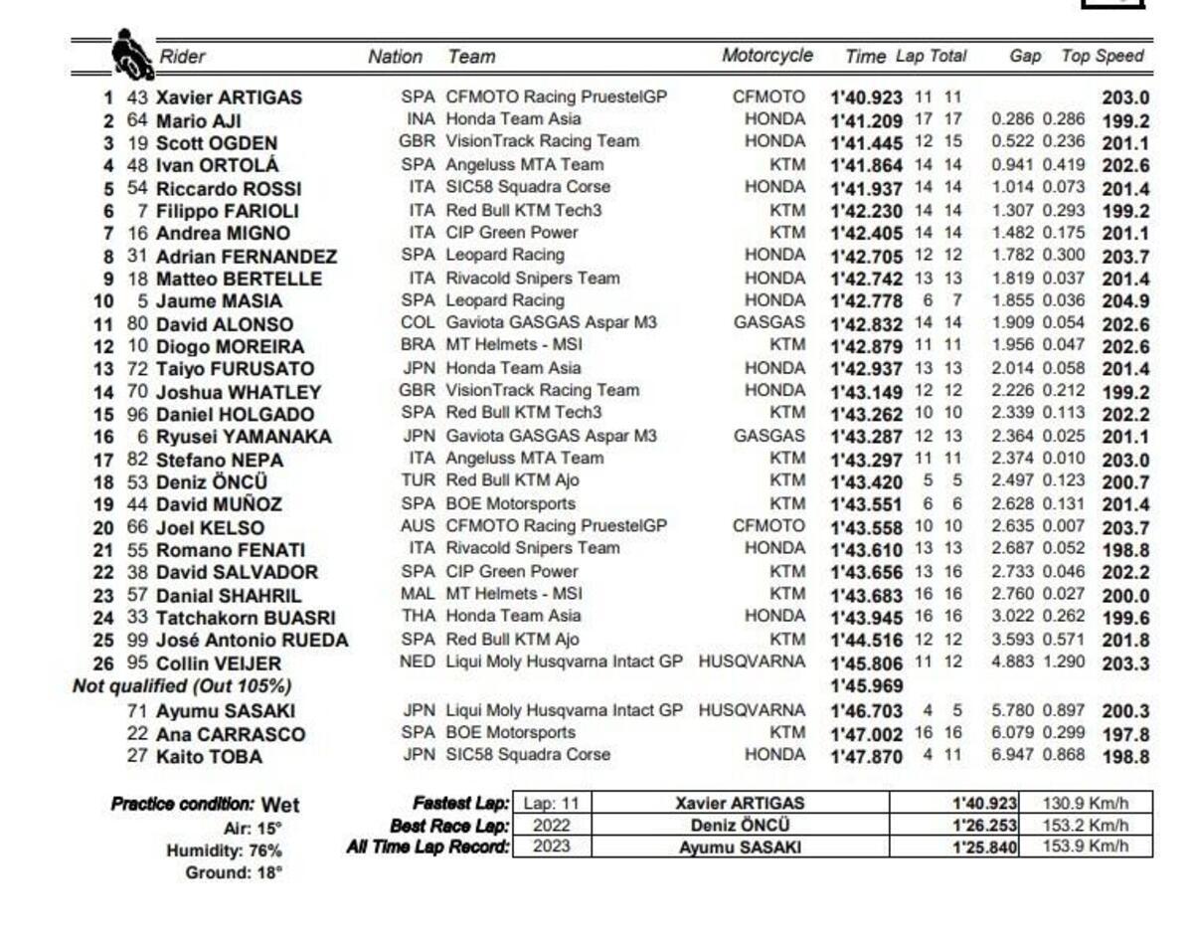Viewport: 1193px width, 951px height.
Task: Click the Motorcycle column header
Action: coord(767,57)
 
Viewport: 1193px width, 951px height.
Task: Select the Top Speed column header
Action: coord(1103,57)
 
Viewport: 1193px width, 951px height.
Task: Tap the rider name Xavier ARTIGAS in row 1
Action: coord(229,98)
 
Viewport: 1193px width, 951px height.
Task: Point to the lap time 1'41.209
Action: coord(866,121)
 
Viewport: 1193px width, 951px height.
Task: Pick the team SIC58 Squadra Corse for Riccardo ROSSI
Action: coord(528,188)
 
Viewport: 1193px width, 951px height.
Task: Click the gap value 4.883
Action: coord(1013,663)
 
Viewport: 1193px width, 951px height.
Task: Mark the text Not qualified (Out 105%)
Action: coord(182,686)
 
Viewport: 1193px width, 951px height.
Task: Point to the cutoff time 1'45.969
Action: coord(866,686)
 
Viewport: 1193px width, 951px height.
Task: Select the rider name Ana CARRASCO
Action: coord(231,734)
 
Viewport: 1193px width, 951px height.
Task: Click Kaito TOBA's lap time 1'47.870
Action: coord(866,757)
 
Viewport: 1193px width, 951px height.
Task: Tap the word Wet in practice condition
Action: coord(279,805)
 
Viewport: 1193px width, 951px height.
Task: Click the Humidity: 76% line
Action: coord(224,851)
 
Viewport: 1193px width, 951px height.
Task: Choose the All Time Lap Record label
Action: coord(427,848)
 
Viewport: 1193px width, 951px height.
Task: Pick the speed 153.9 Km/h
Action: coord(1085,848)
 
